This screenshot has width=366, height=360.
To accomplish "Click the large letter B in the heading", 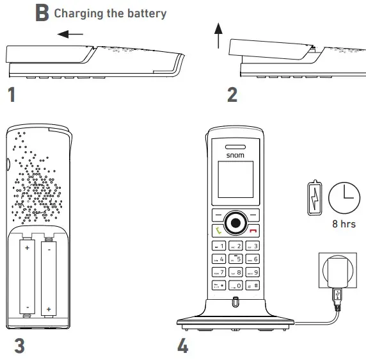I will (x=42, y=13).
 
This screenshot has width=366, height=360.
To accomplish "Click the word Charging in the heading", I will (x=76, y=13).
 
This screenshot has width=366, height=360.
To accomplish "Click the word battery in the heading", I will (x=145, y=13).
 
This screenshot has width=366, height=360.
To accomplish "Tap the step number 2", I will (x=232, y=95).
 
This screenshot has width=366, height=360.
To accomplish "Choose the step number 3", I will (x=19, y=346).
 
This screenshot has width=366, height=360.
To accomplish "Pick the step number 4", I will (x=183, y=346).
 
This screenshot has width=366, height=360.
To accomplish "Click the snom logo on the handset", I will (x=235, y=154).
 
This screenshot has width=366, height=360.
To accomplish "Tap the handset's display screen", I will (x=235, y=180).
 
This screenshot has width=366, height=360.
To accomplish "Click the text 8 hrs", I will (x=344, y=224).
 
